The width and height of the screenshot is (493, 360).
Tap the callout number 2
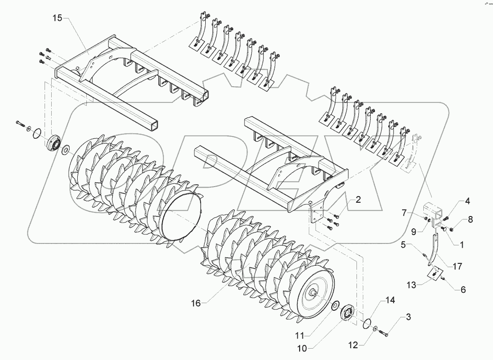(x=358, y=200)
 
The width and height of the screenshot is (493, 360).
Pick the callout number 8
(x=470, y=219)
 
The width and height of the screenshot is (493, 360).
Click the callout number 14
(x=389, y=300)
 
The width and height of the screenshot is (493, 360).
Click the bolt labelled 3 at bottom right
(x=384, y=335)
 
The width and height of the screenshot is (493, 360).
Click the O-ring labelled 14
(x=366, y=324)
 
